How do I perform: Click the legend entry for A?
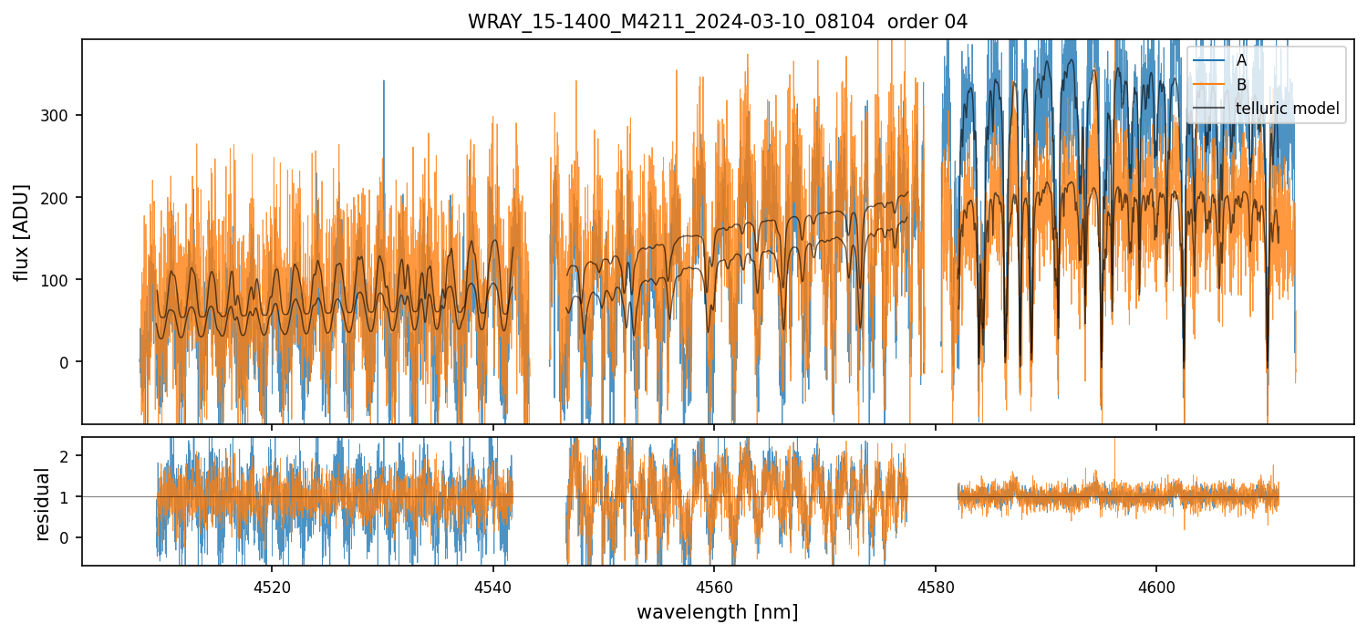[x=1241, y=60]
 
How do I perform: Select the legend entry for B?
[x=1241, y=85]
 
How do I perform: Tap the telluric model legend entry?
[x=1287, y=109]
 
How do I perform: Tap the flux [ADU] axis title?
[x=21, y=232]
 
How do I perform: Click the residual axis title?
[x=42, y=504]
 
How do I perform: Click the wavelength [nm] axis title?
[x=717, y=611]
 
